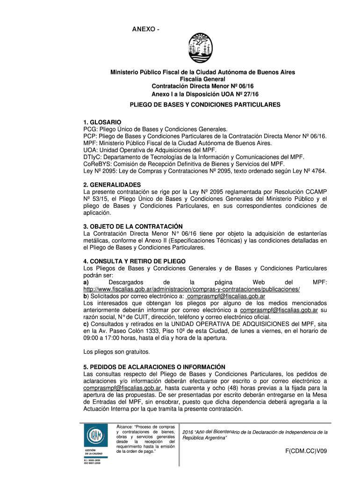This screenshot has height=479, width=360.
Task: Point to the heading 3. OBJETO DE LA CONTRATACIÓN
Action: point(133,226)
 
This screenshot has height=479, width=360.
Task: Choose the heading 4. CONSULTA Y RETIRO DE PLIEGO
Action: point(134,261)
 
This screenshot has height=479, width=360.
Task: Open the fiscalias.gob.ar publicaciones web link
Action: point(191,289)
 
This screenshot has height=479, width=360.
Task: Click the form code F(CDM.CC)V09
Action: point(306,451)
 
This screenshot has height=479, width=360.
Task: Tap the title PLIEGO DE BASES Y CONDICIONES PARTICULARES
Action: point(205,105)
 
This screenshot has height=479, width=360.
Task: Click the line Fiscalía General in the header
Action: point(205,80)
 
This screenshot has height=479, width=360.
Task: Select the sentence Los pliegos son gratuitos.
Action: point(116,351)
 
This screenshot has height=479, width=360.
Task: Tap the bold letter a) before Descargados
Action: point(86,282)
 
